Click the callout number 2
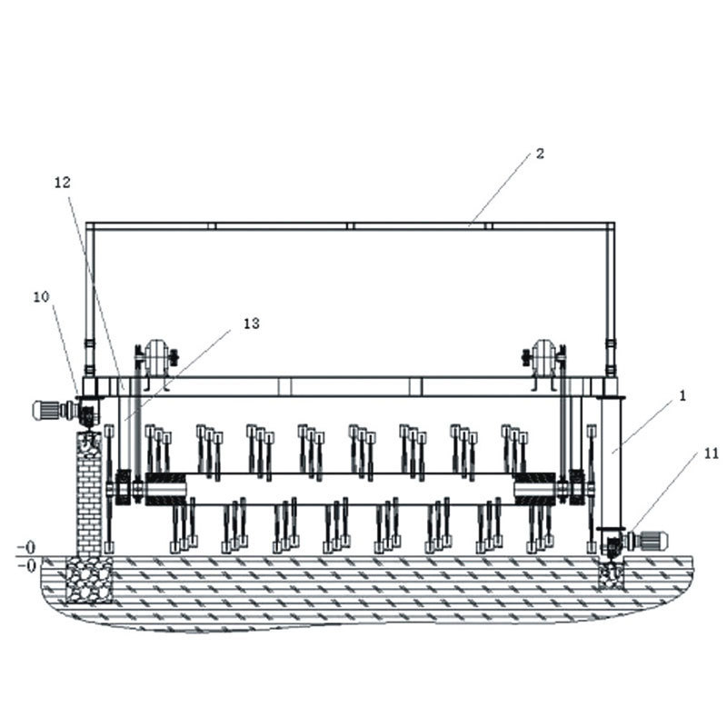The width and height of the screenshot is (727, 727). pyautogui.click(x=540, y=154)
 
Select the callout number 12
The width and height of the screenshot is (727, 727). pyautogui.click(x=62, y=182)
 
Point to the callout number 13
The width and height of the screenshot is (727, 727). pyautogui.click(x=252, y=323)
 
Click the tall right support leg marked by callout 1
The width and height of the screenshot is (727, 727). pyautogui.click(x=609, y=463)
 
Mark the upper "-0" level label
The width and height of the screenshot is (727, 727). pyautogui.click(x=26, y=548)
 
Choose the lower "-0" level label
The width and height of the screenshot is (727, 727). pyautogui.click(x=26, y=565)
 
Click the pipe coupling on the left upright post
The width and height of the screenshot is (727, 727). pyautogui.click(x=89, y=346)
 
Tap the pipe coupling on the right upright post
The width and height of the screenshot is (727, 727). pyautogui.click(x=611, y=346)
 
